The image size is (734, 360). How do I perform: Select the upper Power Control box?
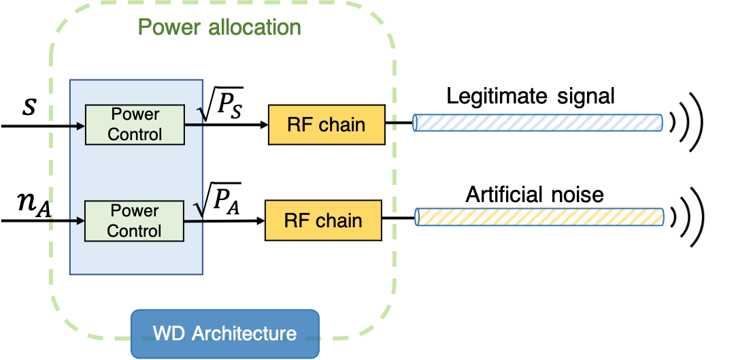tap(135, 125)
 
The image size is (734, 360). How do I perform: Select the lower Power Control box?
tap(134, 221)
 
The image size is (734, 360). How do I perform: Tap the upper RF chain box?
tap(327, 125)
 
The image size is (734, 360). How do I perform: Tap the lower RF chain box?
tap(323, 220)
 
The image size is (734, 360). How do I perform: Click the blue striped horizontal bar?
tap(537, 122)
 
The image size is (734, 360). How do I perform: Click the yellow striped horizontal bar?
tap(539, 217)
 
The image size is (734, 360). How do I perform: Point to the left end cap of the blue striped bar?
tap(416, 122)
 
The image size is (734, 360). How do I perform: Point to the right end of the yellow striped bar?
tap(661, 217)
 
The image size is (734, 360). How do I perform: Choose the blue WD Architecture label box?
tap(224, 333)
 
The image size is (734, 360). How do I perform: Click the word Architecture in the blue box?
tap(244, 334)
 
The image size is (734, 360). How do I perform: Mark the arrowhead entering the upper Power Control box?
tap(81, 126)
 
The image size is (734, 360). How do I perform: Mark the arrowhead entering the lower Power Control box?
tap(80, 221)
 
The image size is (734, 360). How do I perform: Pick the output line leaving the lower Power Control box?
tap(193, 220)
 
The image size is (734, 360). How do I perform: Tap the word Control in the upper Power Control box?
tap(135, 134)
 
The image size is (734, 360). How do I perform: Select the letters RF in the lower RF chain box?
tap(296, 220)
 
